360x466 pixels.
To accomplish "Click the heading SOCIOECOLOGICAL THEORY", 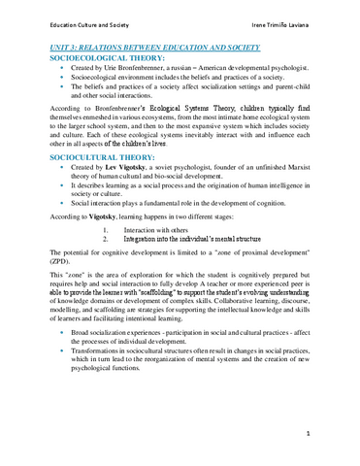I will click(107, 58).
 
